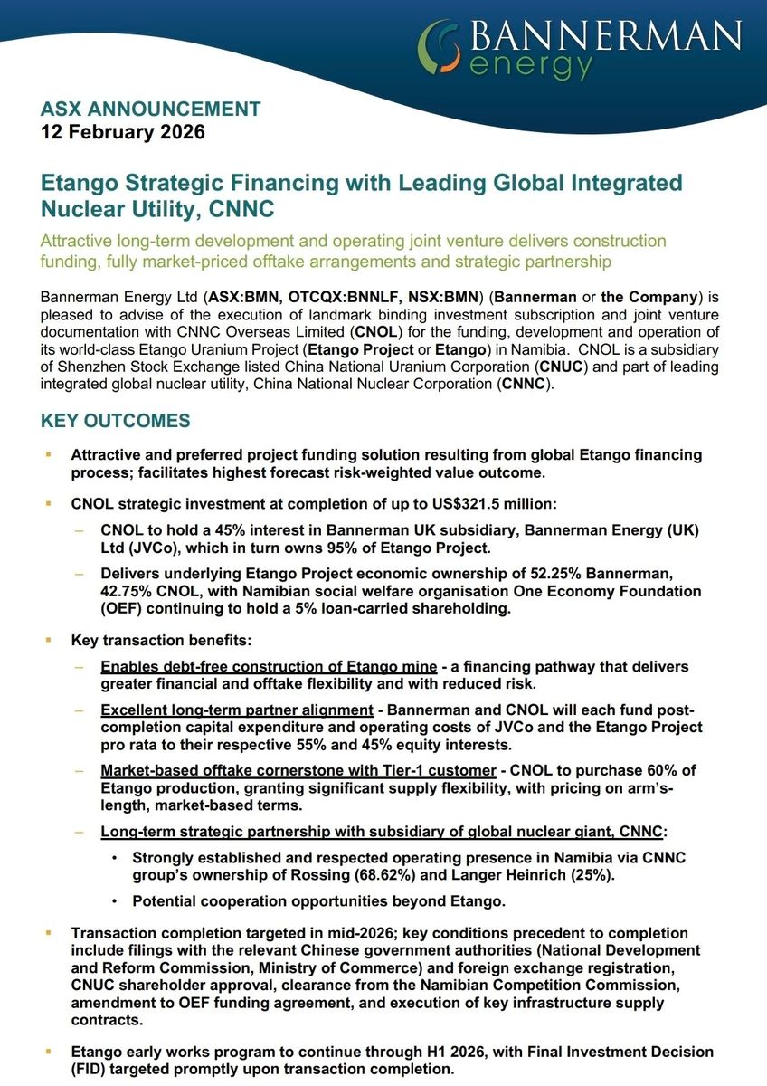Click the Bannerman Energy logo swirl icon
(442, 47)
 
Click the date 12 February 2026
(123, 132)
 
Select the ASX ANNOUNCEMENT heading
(150, 110)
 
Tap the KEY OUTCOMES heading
(116, 421)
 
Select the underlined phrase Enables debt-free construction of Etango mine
(256, 667)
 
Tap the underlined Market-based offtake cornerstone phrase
(298, 770)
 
